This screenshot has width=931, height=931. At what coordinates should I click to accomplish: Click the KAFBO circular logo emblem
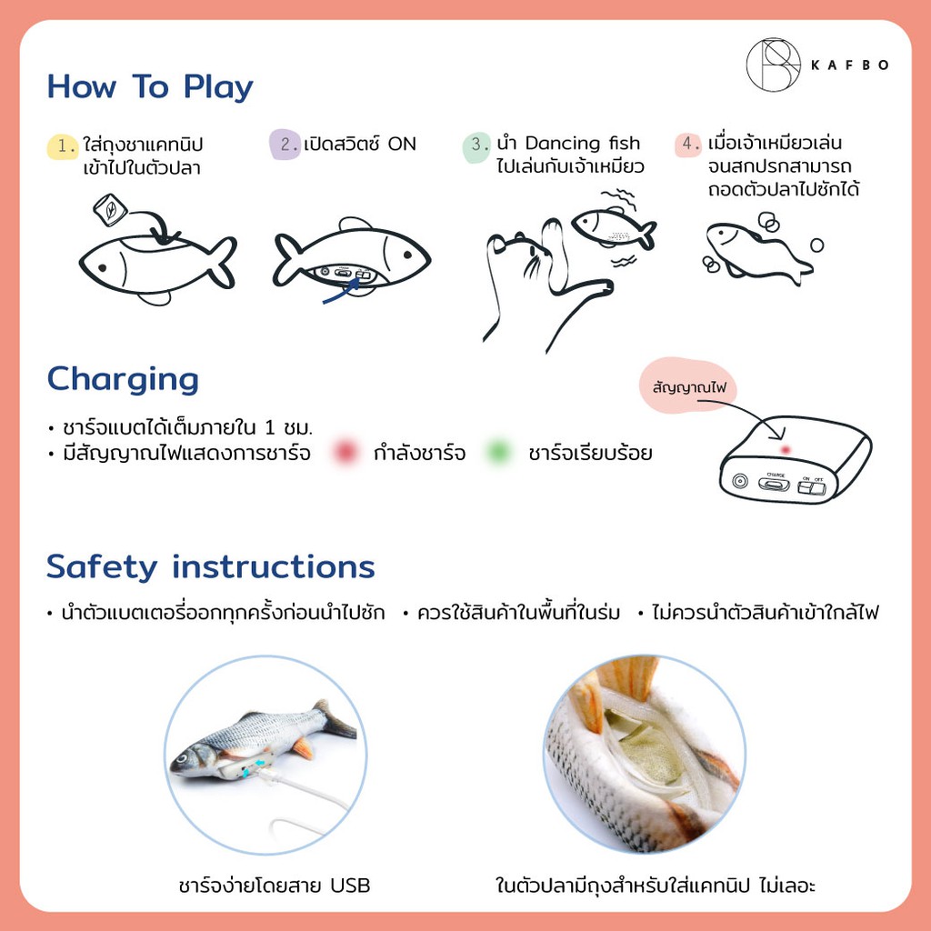coord(773,65)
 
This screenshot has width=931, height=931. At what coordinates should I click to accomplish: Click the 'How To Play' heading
coord(150,87)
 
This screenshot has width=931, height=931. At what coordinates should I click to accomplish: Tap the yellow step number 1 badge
coord(63,146)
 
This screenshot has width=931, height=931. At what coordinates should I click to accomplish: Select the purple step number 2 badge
coord(285,145)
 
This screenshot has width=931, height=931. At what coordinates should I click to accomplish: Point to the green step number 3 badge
coord(476,146)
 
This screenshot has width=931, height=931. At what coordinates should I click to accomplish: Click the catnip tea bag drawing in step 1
coord(110,210)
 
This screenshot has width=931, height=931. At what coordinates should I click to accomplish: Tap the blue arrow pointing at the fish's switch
coord(342,292)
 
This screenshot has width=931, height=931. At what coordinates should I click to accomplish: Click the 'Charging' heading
coord(123,380)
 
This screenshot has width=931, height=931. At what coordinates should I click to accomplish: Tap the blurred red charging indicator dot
coord(345,453)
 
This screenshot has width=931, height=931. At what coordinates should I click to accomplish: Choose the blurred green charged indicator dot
coord(499,453)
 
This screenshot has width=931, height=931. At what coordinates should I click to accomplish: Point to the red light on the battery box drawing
coord(786,450)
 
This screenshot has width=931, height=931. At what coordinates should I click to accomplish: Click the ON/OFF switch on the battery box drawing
coord(811,488)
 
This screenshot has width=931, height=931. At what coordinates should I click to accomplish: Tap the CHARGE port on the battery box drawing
coord(775,484)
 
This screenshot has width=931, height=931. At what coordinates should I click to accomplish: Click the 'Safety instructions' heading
coord(211,567)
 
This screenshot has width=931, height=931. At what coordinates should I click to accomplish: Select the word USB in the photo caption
coord(350,886)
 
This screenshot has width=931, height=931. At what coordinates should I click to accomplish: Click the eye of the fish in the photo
coord(182,758)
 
